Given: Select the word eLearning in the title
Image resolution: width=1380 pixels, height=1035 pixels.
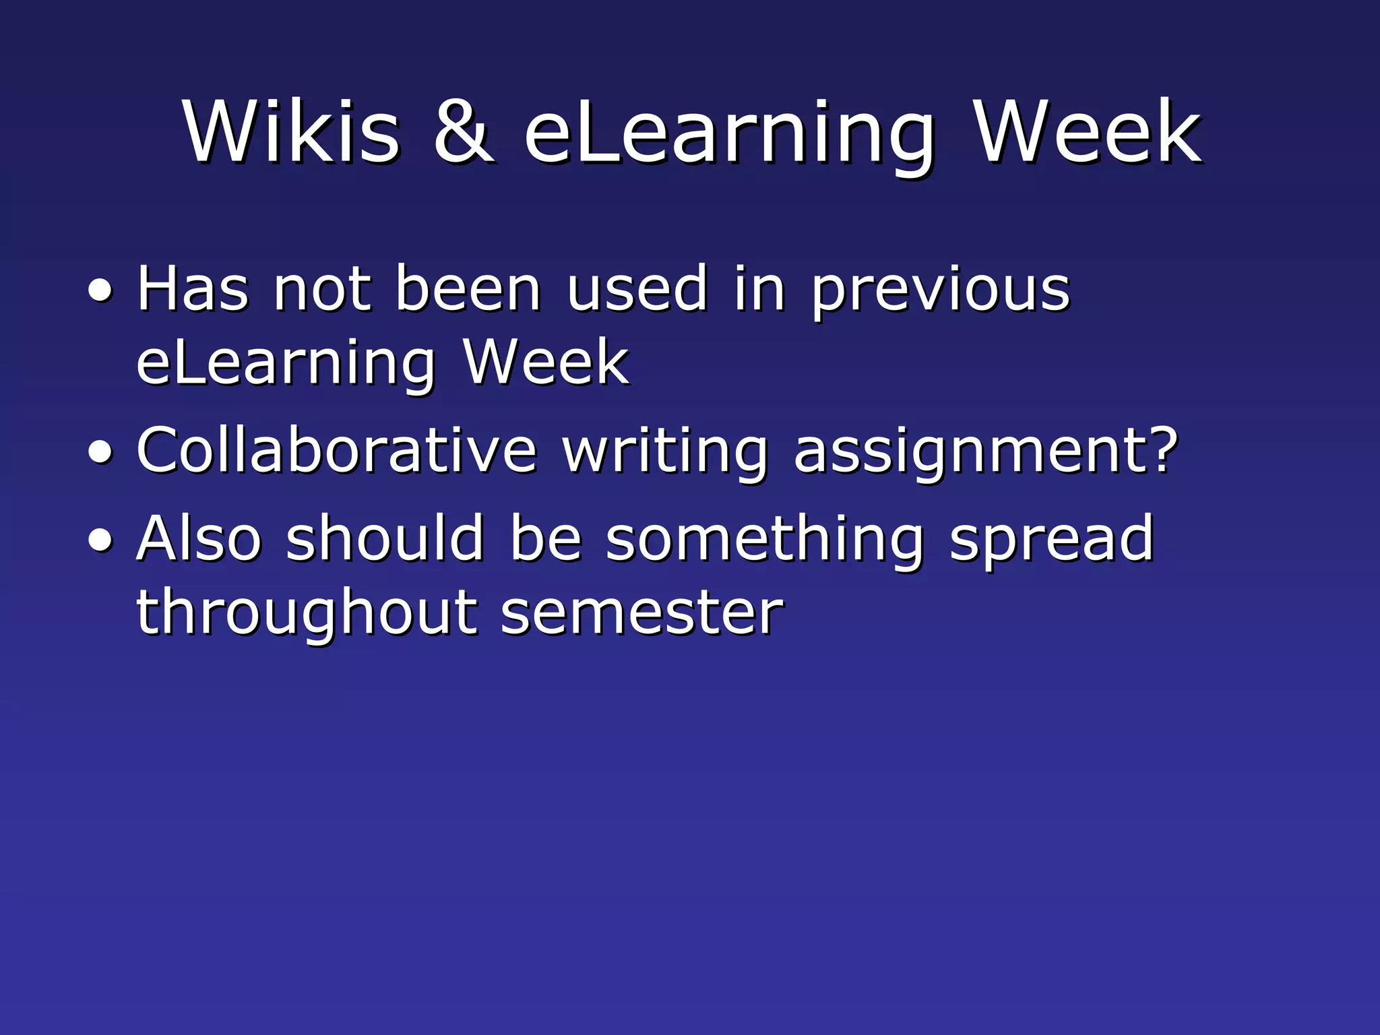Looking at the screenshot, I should [x=729, y=135].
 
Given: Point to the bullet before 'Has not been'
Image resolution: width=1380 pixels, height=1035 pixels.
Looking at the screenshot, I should [x=101, y=291].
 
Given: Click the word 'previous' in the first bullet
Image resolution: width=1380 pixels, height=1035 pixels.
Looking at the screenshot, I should [x=940, y=291].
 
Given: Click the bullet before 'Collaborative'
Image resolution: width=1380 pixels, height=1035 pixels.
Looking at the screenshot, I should [x=101, y=453].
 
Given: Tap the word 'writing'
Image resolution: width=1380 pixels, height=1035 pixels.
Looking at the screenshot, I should [x=665, y=453].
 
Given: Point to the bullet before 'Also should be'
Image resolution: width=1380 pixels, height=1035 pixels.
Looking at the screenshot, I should [x=101, y=540].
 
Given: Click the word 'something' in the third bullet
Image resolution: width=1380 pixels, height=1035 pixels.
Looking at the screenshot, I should [x=765, y=540].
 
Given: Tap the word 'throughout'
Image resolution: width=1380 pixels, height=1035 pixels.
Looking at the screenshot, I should [x=307, y=613].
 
